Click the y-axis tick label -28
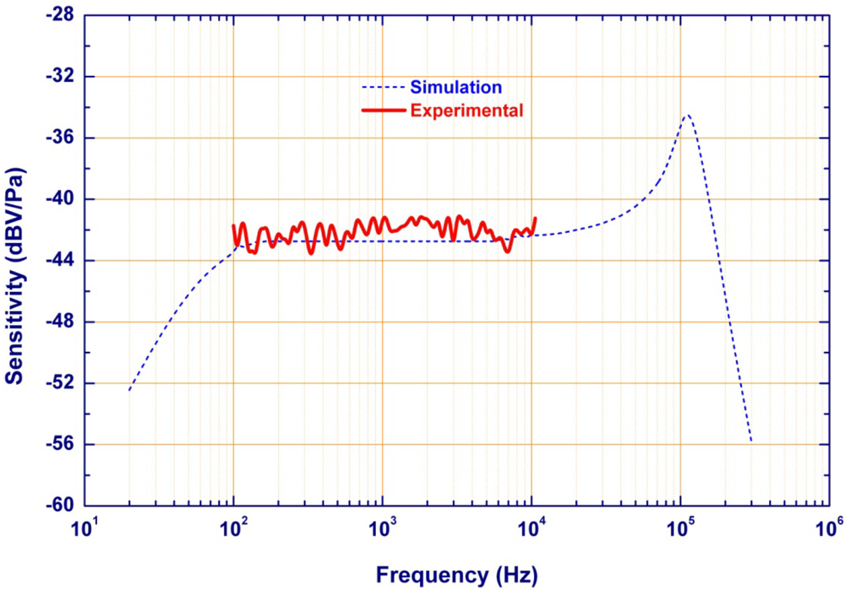pyautogui.click(x=61, y=15)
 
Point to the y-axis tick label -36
pyautogui.click(x=61, y=138)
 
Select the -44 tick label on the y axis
pyautogui.click(x=61, y=260)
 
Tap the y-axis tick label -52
pyautogui.click(x=61, y=383)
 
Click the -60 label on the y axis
pyautogui.click(x=61, y=506)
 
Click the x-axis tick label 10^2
pyautogui.click(x=234, y=529)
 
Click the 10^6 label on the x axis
pyautogui.click(x=829, y=529)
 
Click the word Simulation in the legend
pyautogui.click(x=456, y=87)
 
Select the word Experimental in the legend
pyautogui.click(x=466, y=110)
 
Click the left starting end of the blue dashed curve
pyautogui.click(x=129, y=390)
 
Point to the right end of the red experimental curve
pyautogui.click(x=535, y=218)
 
